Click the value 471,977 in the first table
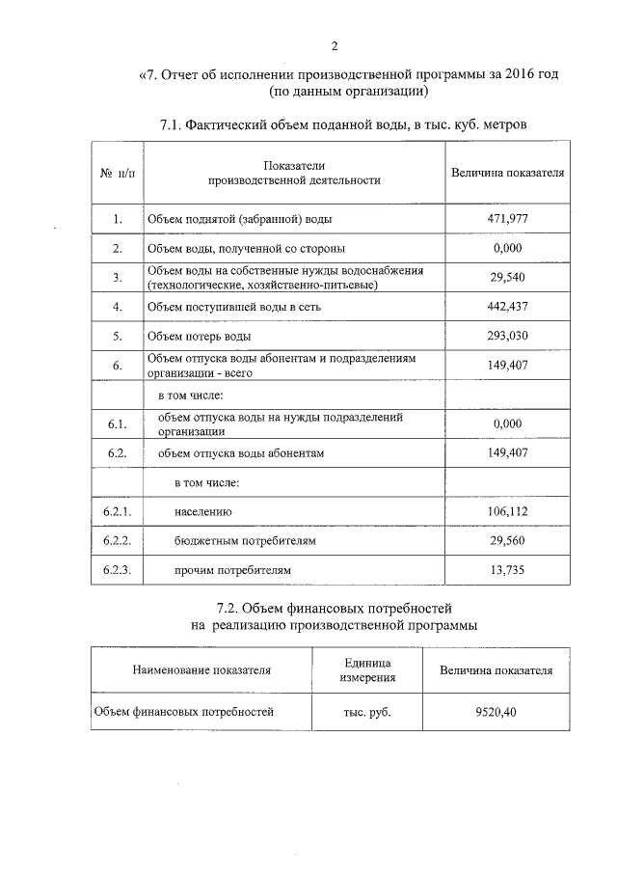(507, 219)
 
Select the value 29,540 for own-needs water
(507, 278)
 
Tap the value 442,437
(507, 307)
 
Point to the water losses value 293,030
(507, 337)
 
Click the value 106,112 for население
(507, 511)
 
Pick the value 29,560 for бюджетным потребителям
(507, 541)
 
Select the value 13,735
(507, 570)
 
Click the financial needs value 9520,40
(496, 712)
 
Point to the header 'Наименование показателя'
(201, 669)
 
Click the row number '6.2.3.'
(117, 570)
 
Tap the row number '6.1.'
(117, 423)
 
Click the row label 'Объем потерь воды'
(199, 337)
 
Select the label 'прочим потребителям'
(231, 570)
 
